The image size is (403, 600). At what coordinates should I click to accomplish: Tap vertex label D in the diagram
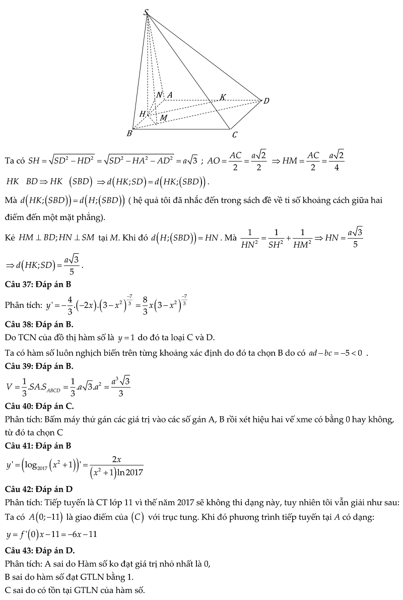[266, 101]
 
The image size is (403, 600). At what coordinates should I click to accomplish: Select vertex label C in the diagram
[234, 135]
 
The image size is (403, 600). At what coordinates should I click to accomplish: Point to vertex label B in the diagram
[129, 134]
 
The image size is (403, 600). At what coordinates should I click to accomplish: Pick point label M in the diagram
[164, 118]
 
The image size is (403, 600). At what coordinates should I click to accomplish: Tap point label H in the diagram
[143, 114]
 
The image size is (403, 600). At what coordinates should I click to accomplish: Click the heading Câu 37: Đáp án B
[38, 284]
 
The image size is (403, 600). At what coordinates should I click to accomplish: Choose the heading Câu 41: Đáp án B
[38, 446]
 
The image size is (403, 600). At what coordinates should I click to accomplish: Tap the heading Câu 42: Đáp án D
[38, 488]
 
